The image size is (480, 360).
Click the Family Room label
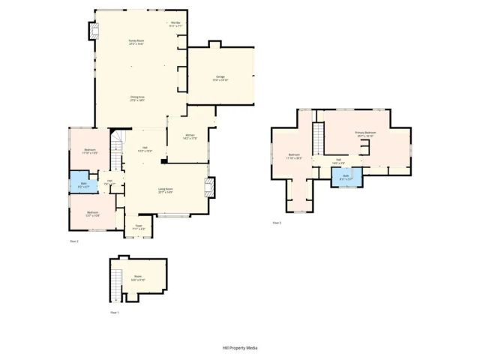[136, 41]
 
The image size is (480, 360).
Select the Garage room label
[220, 77]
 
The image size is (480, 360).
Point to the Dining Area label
[137, 97]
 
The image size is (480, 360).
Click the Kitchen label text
[190, 136]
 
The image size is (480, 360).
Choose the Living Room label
[165, 190]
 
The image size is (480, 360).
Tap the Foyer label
[139, 227]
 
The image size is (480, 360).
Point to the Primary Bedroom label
[365, 133]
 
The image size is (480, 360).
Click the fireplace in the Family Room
[94, 31]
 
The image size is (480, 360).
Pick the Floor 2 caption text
[73, 241]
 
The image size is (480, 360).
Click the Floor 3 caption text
[277, 223]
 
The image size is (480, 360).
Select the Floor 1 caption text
[114, 312]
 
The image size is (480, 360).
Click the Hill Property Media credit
[239, 348]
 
